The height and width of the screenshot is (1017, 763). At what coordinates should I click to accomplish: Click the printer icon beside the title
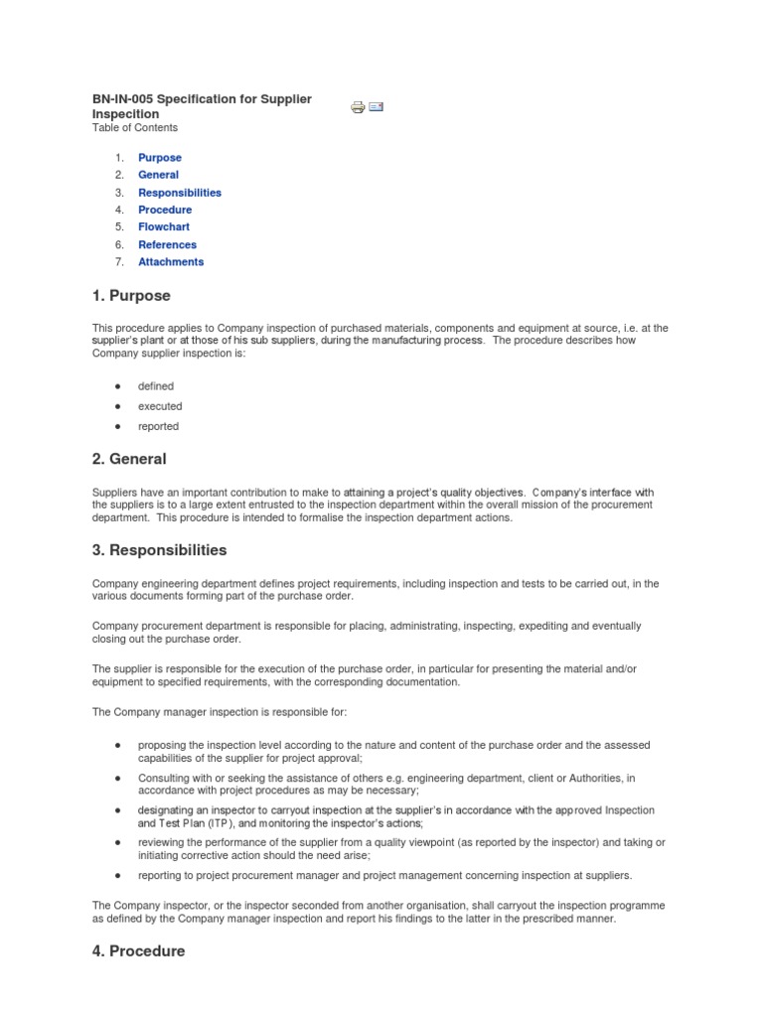(x=358, y=107)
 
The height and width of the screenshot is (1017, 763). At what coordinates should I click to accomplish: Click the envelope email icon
(x=377, y=106)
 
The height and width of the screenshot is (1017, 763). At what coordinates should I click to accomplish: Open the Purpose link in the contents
(x=159, y=158)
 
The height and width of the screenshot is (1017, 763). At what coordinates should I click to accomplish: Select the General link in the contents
(x=158, y=175)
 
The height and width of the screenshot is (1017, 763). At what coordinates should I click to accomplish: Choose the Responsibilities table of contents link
(x=180, y=193)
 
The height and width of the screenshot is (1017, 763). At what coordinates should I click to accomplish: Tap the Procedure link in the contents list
(x=165, y=210)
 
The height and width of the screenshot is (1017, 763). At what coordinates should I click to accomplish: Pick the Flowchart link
(x=164, y=227)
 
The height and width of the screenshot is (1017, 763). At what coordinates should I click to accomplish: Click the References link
(x=167, y=244)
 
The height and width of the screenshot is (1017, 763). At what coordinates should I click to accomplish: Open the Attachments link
(x=171, y=262)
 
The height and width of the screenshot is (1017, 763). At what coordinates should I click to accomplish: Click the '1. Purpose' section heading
(x=131, y=296)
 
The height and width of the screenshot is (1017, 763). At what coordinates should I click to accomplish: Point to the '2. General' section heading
(x=129, y=459)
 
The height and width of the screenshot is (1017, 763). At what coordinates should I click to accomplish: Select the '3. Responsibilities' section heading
(x=159, y=550)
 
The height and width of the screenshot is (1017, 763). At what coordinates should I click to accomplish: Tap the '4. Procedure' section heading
(x=138, y=951)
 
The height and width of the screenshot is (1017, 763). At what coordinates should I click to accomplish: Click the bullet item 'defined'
(x=156, y=386)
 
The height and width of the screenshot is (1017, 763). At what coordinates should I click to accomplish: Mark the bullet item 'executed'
(x=160, y=406)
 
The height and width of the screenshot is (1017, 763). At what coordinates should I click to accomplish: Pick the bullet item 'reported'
(x=159, y=426)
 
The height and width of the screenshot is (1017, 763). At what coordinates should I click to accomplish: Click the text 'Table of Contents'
(x=135, y=128)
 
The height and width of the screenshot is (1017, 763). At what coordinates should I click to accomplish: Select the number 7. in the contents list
(x=118, y=262)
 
